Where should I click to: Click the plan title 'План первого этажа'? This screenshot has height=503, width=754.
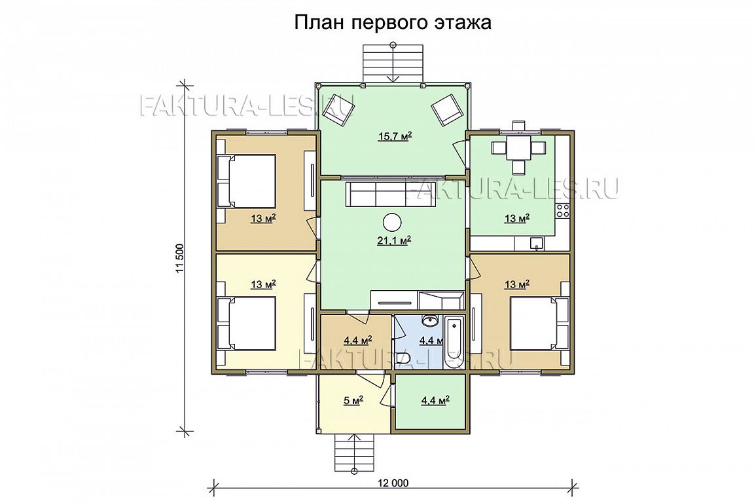pyautogui.click(x=393, y=23)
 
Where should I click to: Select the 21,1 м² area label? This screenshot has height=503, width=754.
pyautogui.click(x=393, y=240)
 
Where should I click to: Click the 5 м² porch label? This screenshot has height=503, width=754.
pyautogui.click(x=353, y=400)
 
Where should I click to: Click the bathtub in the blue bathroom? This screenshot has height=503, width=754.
pyautogui.click(x=454, y=343)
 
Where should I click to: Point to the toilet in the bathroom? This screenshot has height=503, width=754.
pyautogui.click(x=403, y=359)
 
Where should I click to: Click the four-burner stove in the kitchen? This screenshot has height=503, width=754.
pyautogui.click(x=563, y=210)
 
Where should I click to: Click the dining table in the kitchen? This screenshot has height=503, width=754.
pyautogui.click(x=518, y=147)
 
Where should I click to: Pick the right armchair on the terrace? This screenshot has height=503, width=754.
pyautogui.click(x=445, y=109)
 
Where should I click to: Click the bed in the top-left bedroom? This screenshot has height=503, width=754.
pyautogui.click(x=247, y=181)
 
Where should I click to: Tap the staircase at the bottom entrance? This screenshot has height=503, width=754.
pyautogui.click(x=354, y=453)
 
